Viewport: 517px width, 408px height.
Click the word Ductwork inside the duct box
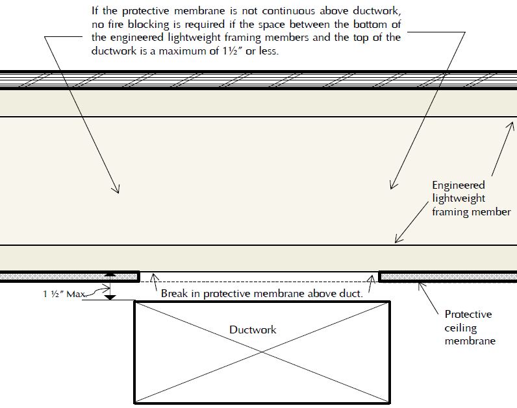(x=253, y=330)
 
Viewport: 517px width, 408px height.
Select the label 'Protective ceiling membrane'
(x=468, y=327)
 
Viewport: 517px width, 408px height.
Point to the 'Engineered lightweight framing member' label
(x=471, y=198)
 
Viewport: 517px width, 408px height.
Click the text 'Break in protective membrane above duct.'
(x=261, y=293)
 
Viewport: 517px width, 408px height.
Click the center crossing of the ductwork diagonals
(x=262, y=351)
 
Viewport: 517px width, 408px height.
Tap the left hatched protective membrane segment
(x=68, y=277)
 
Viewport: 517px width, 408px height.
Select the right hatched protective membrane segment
(x=448, y=277)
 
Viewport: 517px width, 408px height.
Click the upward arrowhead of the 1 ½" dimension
(x=111, y=275)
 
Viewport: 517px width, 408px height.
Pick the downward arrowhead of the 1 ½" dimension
(x=111, y=297)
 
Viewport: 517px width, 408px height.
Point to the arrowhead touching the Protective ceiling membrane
(x=420, y=283)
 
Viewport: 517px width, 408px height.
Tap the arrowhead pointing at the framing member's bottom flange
(x=396, y=242)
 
